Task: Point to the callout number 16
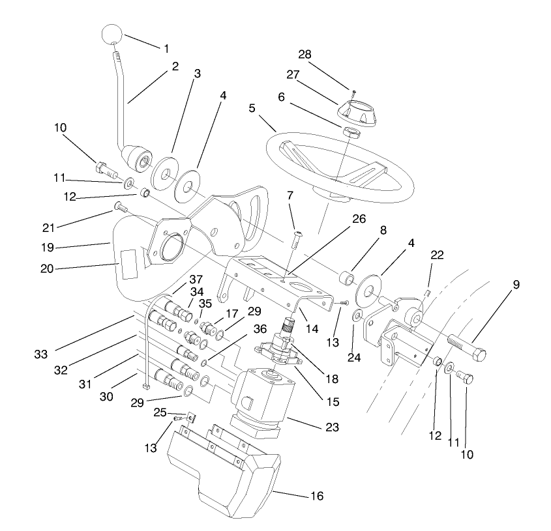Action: pyautogui.click(x=316, y=497)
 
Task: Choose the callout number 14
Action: pyautogui.click(x=312, y=329)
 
